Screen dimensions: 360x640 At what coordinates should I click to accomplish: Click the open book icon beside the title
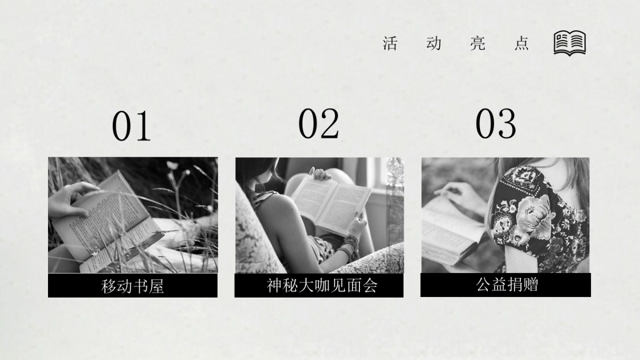click(x=570, y=43)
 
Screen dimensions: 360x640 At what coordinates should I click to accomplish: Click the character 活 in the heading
click(x=390, y=43)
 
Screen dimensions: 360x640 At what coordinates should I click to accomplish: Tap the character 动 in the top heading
click(x=434, y=43)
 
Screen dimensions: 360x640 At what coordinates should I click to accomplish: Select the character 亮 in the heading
click(x=478, y=43)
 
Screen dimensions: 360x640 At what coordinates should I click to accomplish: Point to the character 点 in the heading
click(x=522, y=43)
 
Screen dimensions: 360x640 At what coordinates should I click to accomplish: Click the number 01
click(x=131, y=126)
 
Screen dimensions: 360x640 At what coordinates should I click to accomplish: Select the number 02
click(x=318, y=124)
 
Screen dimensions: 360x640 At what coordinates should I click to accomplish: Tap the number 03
click(x=495, y=124)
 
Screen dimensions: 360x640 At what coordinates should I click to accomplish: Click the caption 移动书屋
click(x=132, y=286)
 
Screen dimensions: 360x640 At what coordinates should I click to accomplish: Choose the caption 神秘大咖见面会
click(x=322, y=286)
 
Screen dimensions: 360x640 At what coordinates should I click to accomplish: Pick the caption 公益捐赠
click(x=507, y=285)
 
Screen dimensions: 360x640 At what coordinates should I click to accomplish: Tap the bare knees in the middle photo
click(x=338, y=176)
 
